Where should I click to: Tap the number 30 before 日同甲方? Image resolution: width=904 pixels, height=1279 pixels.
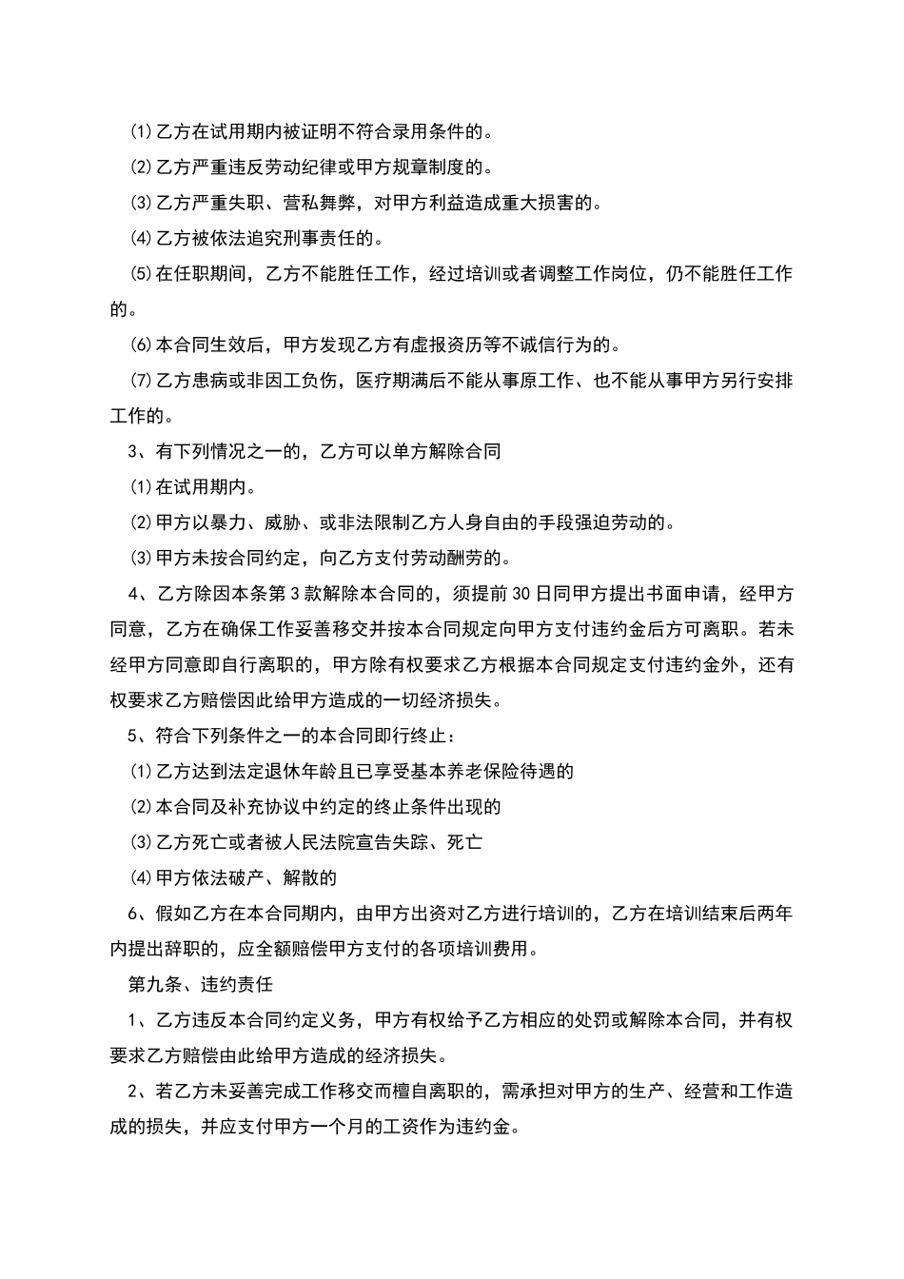coord(522,594)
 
